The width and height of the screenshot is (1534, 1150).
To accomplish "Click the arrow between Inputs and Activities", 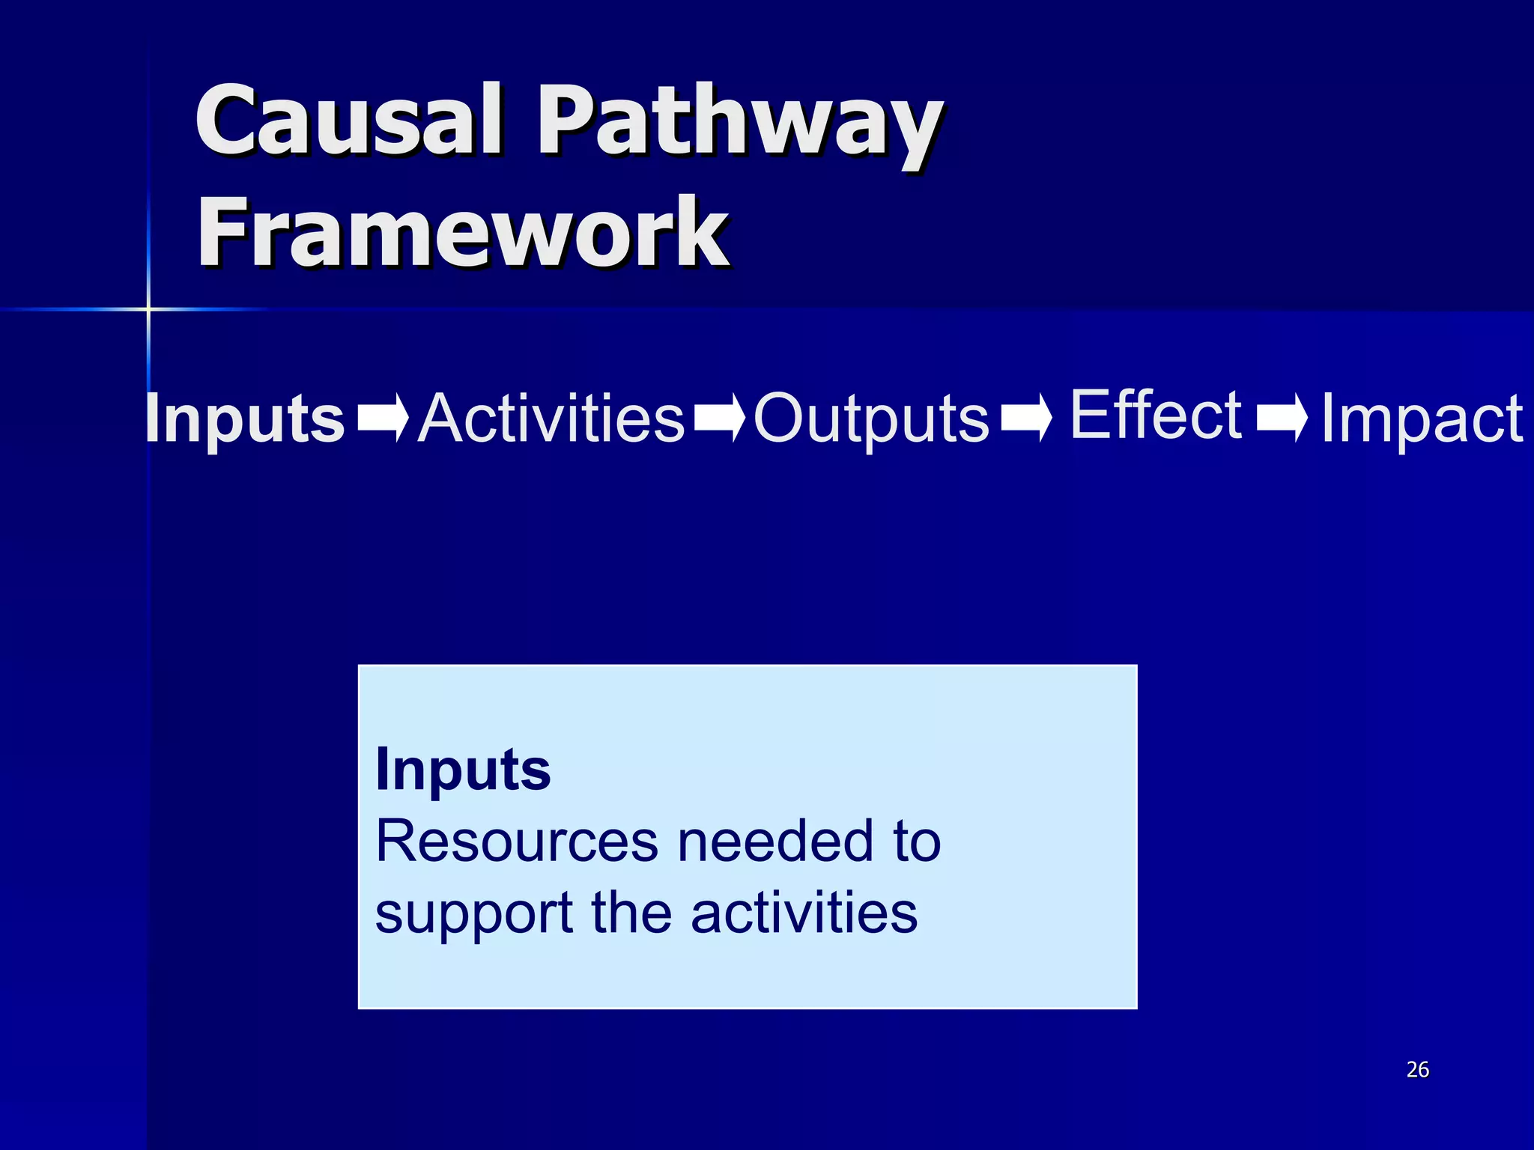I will tap(383, 418).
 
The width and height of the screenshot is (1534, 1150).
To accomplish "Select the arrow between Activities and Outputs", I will tap(719, 418).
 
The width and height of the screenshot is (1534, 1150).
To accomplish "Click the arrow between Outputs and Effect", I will tap(1026, 418).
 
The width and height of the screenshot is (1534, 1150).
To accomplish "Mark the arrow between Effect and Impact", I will tap(1282, 418).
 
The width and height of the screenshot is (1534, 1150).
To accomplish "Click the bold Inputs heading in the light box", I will tap(463, 770).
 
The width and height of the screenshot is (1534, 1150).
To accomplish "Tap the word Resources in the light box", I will tap(517, 842).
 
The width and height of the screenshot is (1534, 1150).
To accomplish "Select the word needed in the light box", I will tap(775, 842).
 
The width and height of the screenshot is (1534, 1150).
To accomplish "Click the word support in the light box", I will tap(473, 914).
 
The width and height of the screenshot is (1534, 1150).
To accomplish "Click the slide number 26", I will tap(1417, 1069).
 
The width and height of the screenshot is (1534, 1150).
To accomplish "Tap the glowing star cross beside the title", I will tap(148, 308).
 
